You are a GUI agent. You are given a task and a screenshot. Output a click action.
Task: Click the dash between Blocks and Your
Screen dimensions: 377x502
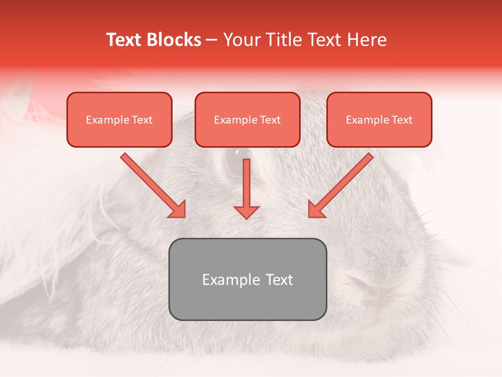click(x=212, y=40)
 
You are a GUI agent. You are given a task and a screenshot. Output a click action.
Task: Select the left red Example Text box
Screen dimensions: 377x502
click(x=119, y=119)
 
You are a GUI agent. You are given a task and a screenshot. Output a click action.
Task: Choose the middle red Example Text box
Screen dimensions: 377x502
click(x=247, y=119)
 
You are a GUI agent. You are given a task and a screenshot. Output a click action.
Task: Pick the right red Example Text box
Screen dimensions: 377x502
click(x=379, y=119)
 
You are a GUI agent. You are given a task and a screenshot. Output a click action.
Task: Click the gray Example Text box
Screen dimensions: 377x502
click(x=247, y=279)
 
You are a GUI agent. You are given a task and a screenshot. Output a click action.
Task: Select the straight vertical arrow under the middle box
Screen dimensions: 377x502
click(x=246, y=183)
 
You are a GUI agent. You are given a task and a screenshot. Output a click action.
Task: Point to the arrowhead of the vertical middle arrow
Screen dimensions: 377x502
click(x=246, y=212)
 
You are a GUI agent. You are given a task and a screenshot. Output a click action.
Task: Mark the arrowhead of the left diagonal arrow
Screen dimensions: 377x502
click(x=178, y=209)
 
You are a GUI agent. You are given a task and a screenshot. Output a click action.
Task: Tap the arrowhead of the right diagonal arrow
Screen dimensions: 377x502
click(x=316, y=209)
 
